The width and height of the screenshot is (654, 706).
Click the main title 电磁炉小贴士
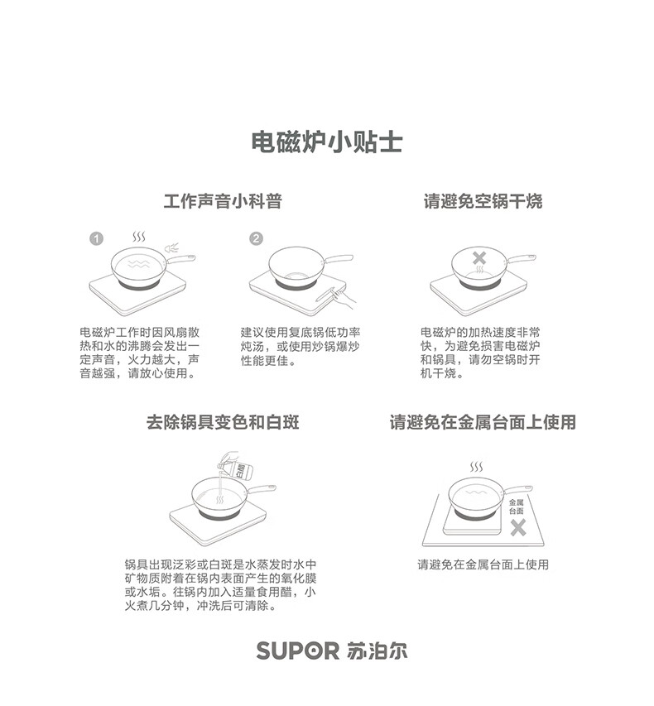(326, 142)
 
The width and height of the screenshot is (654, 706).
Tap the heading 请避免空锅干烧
(483, 201)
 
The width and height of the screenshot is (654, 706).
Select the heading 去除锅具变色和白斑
(223, 422)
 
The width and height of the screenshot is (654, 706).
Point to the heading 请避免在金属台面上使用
(483, 422)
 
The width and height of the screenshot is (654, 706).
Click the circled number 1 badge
(96, 238)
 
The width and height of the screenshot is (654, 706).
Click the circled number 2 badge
(256, 238)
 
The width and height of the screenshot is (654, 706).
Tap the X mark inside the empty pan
(479, 257)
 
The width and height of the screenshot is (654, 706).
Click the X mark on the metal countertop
(517, 527)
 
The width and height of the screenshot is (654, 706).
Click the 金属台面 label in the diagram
(517, 507)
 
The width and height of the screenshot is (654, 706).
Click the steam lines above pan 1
(142, 238)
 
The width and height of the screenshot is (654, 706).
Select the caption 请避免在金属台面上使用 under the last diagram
(483, 564)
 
